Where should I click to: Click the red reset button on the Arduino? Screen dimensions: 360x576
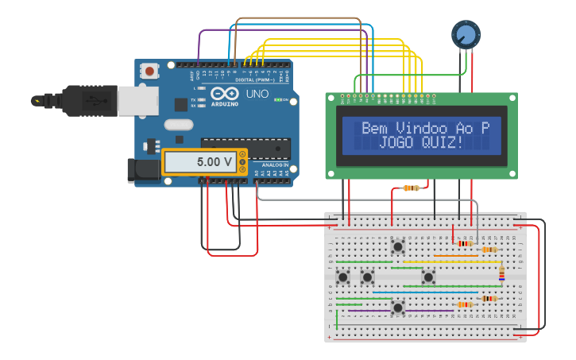150,72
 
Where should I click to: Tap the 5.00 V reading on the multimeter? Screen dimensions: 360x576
215,162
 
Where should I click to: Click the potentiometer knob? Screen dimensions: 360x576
466,34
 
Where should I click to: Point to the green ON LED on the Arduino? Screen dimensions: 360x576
277,100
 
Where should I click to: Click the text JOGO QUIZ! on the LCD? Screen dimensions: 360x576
421,142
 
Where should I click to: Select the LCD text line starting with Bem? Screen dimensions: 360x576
425,128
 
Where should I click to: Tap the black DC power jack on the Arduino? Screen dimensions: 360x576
143,168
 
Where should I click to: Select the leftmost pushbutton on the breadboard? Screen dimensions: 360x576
344,277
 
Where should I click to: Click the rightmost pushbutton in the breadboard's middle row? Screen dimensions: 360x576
429,277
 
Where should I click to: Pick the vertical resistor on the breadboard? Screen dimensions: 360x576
501,273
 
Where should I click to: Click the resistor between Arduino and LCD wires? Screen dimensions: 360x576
411,188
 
